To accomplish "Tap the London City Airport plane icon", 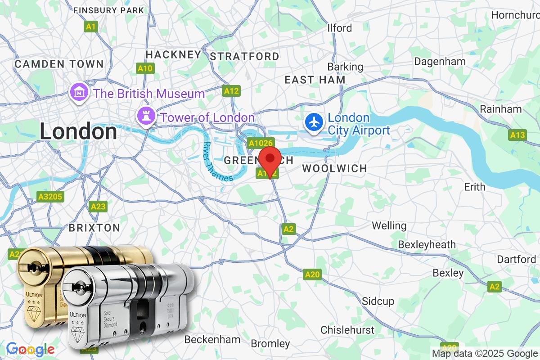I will [314, 121].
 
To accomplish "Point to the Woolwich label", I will [334, 168].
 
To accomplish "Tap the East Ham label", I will [315, 80].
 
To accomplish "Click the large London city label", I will [78, 131].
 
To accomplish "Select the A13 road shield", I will [517, 135].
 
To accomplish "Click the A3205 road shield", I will [50, 197].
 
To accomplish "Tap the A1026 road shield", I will [261, 143].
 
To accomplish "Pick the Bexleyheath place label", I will [427, 244].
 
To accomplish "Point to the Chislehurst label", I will [347, 330].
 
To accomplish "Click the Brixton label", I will [94, 228].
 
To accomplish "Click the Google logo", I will [31, 349].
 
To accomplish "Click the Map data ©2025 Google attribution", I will [484, 353].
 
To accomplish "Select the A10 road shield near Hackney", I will [145, 68].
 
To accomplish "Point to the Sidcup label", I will [378, 301].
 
